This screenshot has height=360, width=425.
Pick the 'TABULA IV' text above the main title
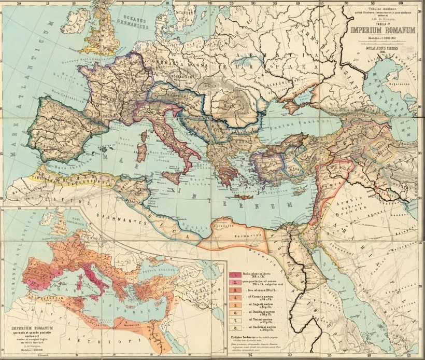coord(383,23)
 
